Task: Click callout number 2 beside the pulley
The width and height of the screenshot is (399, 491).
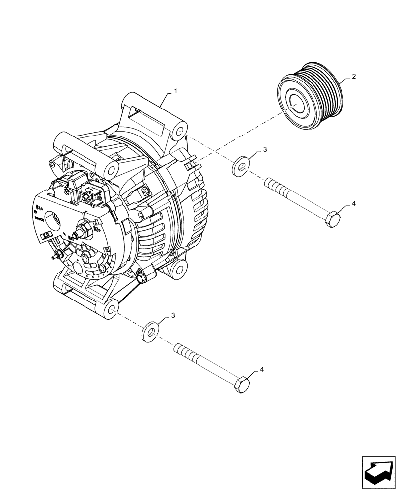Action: [x=353, y=77]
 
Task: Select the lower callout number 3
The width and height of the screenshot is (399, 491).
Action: [x=173, y=314]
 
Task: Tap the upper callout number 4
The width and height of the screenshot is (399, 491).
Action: [x=353, y=204]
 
